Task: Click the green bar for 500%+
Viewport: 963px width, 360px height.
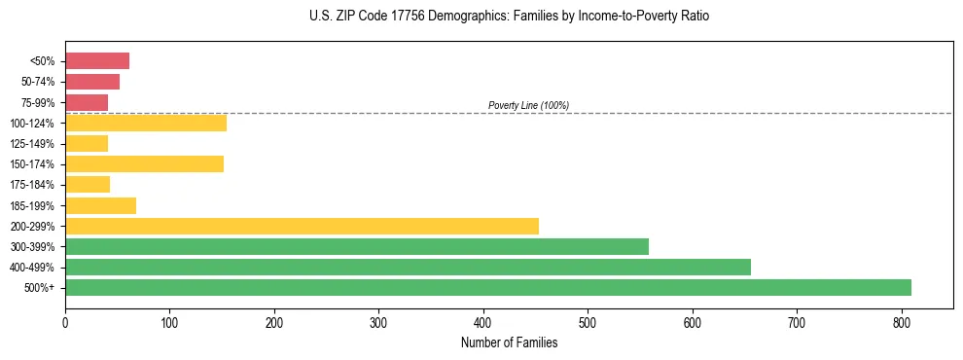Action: pyautogui.click(x=487, y=287)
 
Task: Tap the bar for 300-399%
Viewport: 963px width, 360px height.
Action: pyautogui.click(x=356, y=246)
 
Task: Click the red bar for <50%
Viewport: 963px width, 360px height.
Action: pyautogui.click(x=97, y=61)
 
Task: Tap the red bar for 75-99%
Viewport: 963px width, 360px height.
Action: pyautogui.click(x=87, y=102)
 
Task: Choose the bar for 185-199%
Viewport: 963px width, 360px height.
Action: pyautogui.click(x=100, y=205)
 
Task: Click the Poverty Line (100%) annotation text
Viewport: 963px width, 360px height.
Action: pyautogui.click(x=528, y=105)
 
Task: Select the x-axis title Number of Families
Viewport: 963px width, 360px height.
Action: pyautogui.click(x=509, y=342)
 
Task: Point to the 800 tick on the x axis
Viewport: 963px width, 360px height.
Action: pyautogui.click(x=902, y=320)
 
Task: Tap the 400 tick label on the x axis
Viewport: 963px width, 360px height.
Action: pyautogui.click(x=483, y=320)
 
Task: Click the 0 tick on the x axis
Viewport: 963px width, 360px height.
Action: pyautogui.click(x=65, y=320)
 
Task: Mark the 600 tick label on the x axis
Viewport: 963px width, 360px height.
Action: pyautogui.click(x=693, y=320)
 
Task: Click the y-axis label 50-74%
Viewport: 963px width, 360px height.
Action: pyautogui.click(x=38, y=82)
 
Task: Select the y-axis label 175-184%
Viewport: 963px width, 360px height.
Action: pyautogui.click(x=32, y=185)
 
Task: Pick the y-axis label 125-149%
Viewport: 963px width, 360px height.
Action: pyautogui.click(x=32, y=144)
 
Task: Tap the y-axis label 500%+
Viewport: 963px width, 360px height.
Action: pyautogui.click(x=40, y=288)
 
